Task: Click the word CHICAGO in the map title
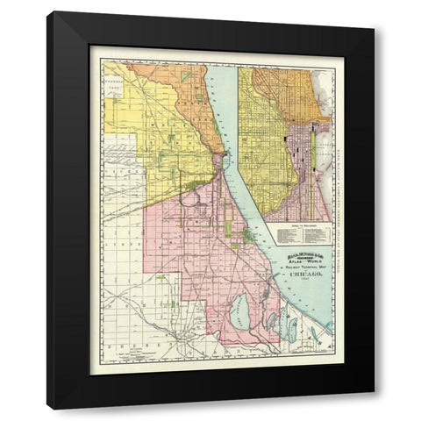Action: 298,275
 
